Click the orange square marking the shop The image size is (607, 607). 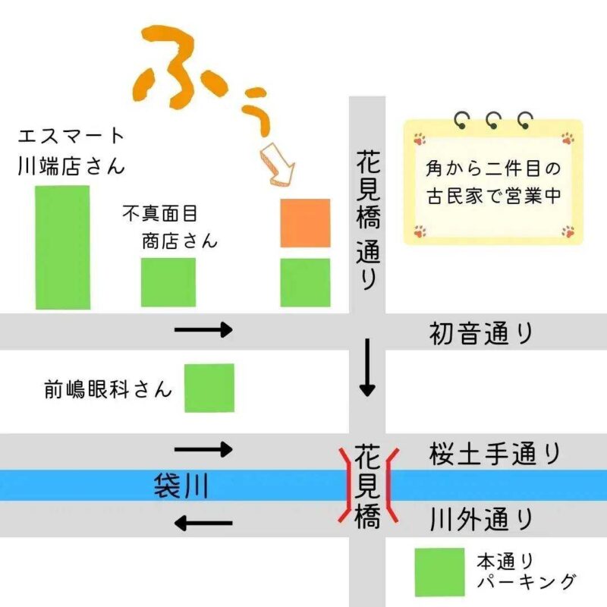coord(305,222)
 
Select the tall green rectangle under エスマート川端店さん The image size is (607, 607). coord(62,247)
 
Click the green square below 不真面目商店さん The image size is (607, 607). coord(168,282)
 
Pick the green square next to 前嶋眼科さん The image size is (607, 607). coord(209,388)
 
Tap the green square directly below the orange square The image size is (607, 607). coord(305,282)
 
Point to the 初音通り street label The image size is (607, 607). coord(481,333)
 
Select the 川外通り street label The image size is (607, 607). coord(481,520)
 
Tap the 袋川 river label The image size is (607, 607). coord(181,486)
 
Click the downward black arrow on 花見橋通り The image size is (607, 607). coord(367,368)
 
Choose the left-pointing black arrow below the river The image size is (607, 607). coord(203,523)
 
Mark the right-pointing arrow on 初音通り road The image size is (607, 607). coord(203,329)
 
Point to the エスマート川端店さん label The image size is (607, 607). coord(71,151)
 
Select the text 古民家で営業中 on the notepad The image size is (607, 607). coord(492,194)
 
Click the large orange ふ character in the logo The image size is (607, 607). coord(175,68)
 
